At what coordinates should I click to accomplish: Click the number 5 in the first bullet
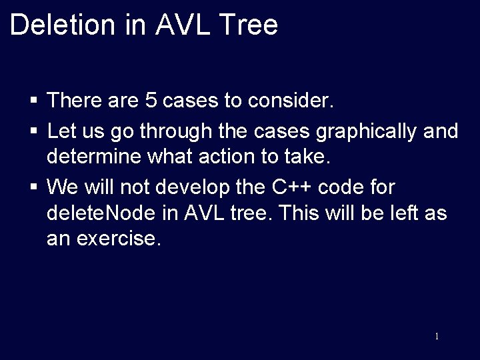pyautogui.click(x=151, y=101)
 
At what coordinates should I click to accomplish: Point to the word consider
pyautogui.click(x=290, y=101)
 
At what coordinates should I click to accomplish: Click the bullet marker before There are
pyautogui.click(x=33, y=102)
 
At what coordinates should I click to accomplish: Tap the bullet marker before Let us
pyautogui.click(x=33, y=131)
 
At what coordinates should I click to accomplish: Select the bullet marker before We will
pyautogui.click(x=33, y=186)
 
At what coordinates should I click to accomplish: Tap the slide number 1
pyautogui.click(x=437, y=337)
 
